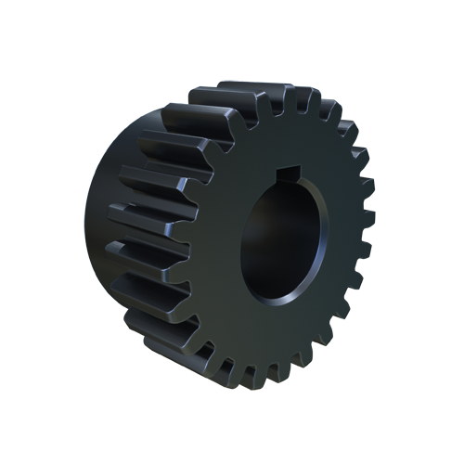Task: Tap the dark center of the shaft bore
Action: click(x=278, y=237)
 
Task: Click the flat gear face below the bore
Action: click(x=278, y=334)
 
